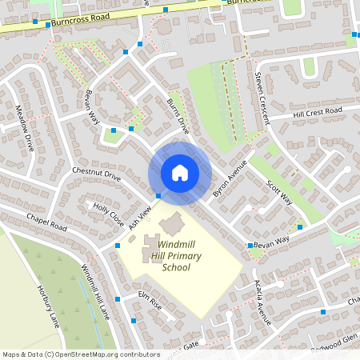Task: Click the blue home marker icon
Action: coord(180,172)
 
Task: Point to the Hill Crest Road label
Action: coord(317,113)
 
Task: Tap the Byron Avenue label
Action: coord(230,179)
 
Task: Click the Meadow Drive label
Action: coord(25,128)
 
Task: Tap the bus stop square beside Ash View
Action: coord(158,195)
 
